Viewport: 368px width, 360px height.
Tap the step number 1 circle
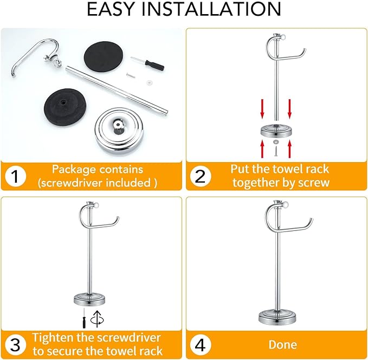coord(16,176)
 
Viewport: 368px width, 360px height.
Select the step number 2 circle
coord(201,176)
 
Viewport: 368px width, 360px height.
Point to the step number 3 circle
coord(16,344)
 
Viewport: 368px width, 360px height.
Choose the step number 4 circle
coord(201,344)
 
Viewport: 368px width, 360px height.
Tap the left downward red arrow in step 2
coord(262,107)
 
